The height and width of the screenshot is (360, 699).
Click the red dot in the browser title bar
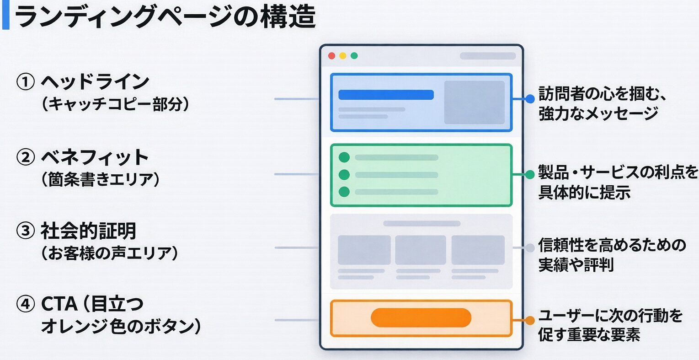pos(332,56)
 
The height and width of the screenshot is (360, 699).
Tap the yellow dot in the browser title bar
pos(343,56)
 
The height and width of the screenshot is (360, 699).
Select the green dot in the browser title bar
pos(354,56)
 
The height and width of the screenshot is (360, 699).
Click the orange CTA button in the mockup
pos(421,317)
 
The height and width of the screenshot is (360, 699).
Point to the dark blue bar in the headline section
pos(386,95)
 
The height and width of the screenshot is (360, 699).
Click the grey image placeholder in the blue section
pos(474,102)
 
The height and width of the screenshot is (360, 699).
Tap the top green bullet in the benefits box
pos(344,157)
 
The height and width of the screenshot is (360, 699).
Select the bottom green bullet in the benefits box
pos(344,192)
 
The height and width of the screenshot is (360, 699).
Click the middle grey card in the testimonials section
pos(420,250)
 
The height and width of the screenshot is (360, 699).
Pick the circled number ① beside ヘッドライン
pos(26,83)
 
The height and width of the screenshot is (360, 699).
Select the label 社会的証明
pos(89,231)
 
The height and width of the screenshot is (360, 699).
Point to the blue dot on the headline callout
pos(530,98)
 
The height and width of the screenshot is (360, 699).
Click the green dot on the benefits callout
pos(530,174)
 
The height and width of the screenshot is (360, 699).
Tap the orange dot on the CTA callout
pos(530,321)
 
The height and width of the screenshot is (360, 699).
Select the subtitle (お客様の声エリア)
pos(110,253)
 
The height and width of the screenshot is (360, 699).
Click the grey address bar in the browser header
pos(487,56)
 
